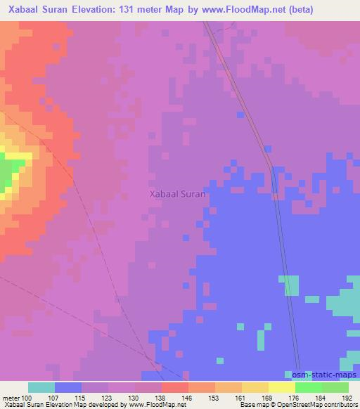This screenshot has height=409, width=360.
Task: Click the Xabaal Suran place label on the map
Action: pyautogui.click(x=177, y=195)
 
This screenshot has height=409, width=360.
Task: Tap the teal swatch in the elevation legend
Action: pyautogui.click(x=41, y=387)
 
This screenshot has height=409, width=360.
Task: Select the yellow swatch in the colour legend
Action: pyautogui.click(x=281, y=387)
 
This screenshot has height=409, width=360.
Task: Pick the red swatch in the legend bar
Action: pyautogui.click(x=174, y=387)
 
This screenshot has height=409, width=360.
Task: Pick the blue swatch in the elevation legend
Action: pyautogui.click(x=67, y=387)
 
